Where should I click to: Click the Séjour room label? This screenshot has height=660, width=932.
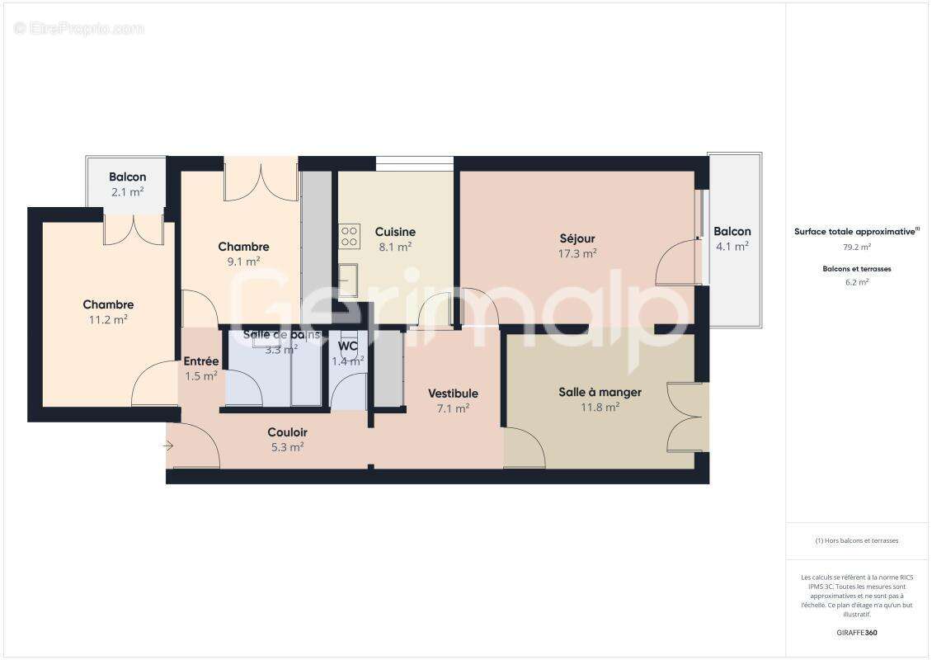click(x=577, y=239)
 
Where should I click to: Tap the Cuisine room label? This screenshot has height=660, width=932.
click(x=395, y=232)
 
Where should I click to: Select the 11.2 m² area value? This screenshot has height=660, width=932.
click(x=108, y=319)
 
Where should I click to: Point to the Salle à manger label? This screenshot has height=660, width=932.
click(x=600, y=392)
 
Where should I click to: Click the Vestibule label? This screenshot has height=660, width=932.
click(x=453, y=394)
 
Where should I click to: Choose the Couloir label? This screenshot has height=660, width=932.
click(x=287, y=432)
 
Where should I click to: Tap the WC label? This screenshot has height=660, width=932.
click(x=347, y=346)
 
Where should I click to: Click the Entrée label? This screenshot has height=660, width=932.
click(x=201, y=361)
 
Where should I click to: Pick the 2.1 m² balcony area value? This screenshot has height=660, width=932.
click(x=128, y=191)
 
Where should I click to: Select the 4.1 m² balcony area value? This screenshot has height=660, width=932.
click(x=732, y=246)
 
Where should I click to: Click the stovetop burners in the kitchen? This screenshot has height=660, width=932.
click(x=350, y=237)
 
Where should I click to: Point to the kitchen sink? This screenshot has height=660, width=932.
click(x=348, y=280)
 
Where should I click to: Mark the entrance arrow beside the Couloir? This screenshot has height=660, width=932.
click(x=168, y=446)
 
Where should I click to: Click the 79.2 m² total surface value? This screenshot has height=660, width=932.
click(x=858, y=247)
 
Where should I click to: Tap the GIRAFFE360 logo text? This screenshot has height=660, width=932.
click(x=858, y=633)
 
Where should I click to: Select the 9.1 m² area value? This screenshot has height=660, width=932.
click(x=243, y=262)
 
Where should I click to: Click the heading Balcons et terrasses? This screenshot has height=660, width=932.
click(x=857, y=269)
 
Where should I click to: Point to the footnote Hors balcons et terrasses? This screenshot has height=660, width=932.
click(x=857, y=540)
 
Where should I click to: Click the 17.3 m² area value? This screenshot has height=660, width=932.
click(x=577, y=254)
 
